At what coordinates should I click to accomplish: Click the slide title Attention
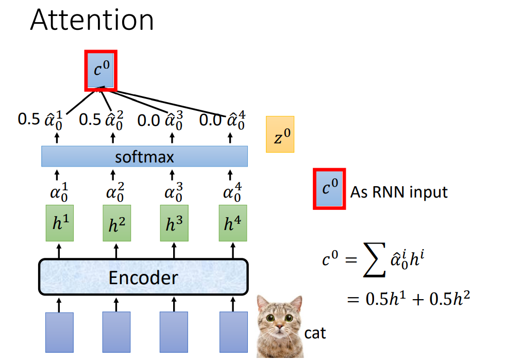pos(92,20)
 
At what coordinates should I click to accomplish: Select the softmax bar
pos(144,156)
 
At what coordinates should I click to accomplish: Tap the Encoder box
pos(143,277)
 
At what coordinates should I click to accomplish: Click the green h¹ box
pos(60,223)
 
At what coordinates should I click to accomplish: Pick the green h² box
pos(117,223)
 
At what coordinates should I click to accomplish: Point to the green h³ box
pos(174,223)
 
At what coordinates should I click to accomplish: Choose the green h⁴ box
pos(233,223)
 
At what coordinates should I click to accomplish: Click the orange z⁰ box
pos(280,134)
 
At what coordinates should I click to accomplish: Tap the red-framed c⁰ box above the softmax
pos(101,70)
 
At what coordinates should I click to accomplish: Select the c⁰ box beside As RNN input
pos(329,189)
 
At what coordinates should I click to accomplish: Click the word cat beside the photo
pos(315,333)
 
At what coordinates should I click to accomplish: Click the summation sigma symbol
pos(374,260)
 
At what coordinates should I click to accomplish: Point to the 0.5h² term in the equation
pos(449,298)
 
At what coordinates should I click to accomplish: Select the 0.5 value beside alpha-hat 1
pos(29,119)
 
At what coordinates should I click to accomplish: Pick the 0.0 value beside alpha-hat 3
pos(148,120)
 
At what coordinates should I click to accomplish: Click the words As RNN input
pos(399,192)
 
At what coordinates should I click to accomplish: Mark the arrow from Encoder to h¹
pos(59,251)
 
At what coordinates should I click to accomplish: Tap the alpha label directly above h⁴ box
pos(232,192)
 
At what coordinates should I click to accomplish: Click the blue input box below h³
pos(174,332)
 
